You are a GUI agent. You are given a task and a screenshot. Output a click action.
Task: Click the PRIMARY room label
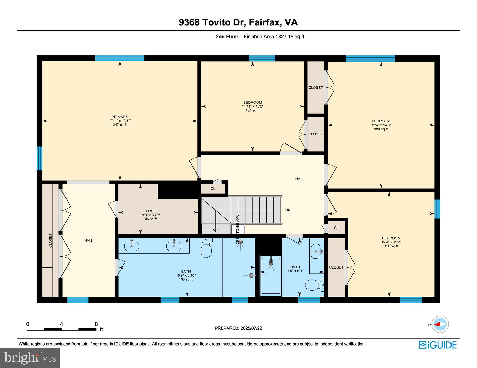(x=120, y=117)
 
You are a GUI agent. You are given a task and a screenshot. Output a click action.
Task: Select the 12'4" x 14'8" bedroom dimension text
(x=381, y=125)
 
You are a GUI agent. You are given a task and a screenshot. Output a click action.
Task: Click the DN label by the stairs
(x=288, y=210)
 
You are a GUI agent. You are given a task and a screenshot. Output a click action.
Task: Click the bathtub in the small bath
(x=271, y=276)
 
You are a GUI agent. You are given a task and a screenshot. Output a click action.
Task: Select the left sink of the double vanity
(x=131, y=246)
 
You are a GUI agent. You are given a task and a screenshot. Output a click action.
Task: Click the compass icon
(x=440, y=324)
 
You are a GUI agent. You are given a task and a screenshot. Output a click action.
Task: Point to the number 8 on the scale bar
(x=96, y=324)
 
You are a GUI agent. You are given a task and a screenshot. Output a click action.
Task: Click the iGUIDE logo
(x=438, y=345)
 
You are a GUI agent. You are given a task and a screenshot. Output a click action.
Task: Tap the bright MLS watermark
(x=30, y=358)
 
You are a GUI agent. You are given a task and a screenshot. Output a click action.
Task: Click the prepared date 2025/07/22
(x=251, y=328)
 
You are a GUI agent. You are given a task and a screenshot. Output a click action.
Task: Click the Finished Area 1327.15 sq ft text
(x=274, y=37)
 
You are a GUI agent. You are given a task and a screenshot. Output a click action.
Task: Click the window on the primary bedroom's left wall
(x=39, y=158)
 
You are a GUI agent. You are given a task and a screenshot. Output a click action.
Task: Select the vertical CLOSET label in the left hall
(x=50, y=240)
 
